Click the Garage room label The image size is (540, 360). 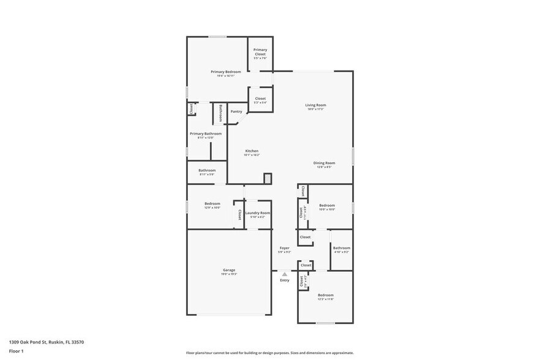point(228,270)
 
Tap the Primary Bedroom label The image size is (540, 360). point(225,72)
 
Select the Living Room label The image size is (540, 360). point(315,105)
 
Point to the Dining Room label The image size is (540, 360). point(324,163)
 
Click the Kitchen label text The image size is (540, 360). point(252,151)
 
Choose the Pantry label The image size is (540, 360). point(236,111)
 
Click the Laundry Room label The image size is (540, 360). point(258,213)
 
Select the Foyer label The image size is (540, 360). point(285,248)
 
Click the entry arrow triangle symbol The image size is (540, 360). point(285,274)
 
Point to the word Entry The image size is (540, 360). point(285,280)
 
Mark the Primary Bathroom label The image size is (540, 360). point(205,133)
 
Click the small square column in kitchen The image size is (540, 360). point(268,178)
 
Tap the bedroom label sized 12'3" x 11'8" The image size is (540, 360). point(325,295)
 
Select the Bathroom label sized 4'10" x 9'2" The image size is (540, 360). point(341,248)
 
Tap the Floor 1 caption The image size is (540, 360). point(16,351)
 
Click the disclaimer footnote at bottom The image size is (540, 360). point(269,353)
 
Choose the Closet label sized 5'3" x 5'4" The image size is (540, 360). point(260,99)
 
